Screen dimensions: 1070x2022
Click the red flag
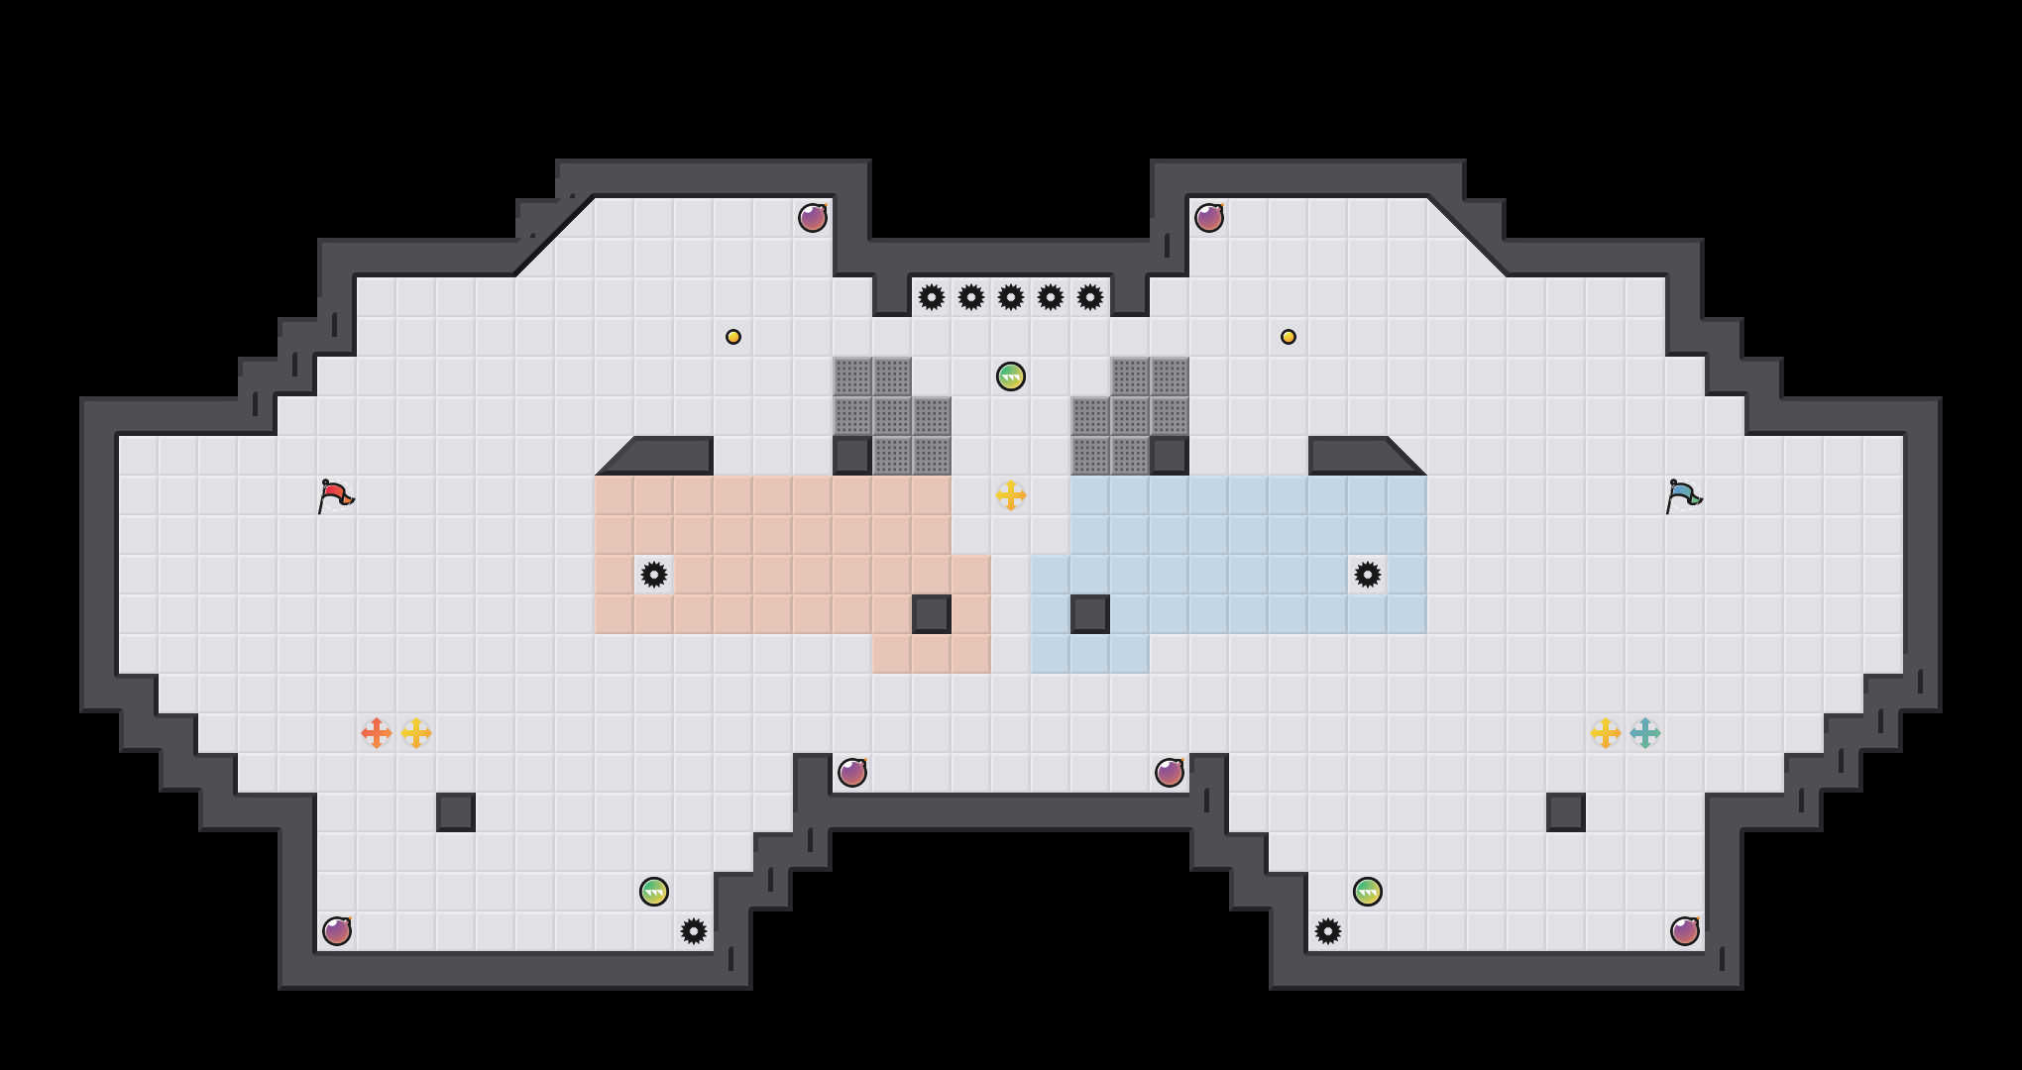(335, 495)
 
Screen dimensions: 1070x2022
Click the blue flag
(1683, 495)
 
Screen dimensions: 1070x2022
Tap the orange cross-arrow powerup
(377, 733)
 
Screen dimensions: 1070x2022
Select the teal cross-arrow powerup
(1645, 733)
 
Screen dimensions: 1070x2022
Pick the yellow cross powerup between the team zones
(1011, 495)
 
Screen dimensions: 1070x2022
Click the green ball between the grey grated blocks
(1011, 376)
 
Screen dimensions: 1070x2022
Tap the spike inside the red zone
(654, 575)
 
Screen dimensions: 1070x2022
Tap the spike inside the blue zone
(1368, 575)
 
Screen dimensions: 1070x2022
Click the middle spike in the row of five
(1011, 297)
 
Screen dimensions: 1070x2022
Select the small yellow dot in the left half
(733, 337)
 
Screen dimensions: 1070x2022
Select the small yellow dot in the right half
(1289, 337)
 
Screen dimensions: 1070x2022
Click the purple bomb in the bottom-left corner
(337, 931)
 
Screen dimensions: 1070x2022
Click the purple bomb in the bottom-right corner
(1685, 931)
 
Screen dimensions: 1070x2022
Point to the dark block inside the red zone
(932, 614)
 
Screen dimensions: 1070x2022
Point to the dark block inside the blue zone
(1090, 614)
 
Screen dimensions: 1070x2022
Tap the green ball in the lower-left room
(654, 892)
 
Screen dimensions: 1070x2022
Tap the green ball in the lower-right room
(1368, 892)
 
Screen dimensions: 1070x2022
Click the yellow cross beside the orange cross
(416, 733)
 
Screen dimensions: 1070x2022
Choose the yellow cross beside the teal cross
(1606, 733)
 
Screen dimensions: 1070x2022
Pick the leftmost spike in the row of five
(932, 297)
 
